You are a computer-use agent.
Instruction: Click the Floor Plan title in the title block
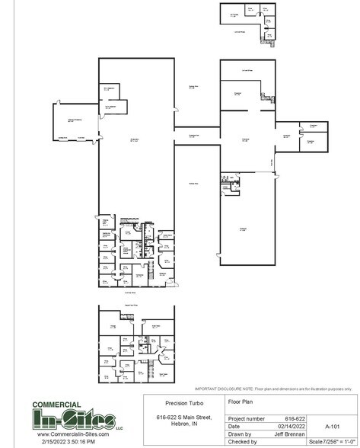tap(238, 399)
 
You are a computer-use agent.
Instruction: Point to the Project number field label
tap(244, 418)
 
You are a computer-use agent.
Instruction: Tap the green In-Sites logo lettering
tap(75, 419)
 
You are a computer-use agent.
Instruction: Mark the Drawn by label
tap(240, 434)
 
